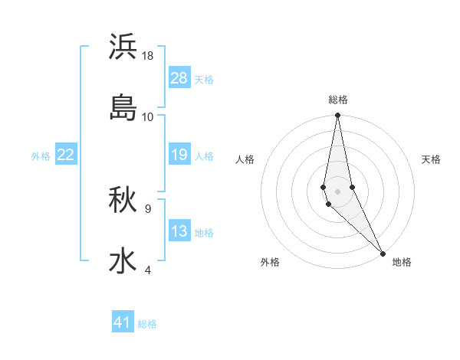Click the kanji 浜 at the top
point(123,47)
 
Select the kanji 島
point(123,107)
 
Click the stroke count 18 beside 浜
point(148,56)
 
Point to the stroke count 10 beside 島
point(148,116)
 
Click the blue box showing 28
point(179,78)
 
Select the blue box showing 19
point(179,155)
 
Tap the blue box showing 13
point(179,232)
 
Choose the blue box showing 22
point(65,155)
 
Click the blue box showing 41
point(123,322)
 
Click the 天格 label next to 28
point(204,80)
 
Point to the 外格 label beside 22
point(41,156)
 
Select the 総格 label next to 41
point(147,324)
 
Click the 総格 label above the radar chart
point(338,100)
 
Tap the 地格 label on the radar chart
point(402,262)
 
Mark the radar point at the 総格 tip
point(337,116)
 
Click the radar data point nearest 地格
point(382,253)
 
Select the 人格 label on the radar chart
point(245,159)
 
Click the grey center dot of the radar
point(337,191)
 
